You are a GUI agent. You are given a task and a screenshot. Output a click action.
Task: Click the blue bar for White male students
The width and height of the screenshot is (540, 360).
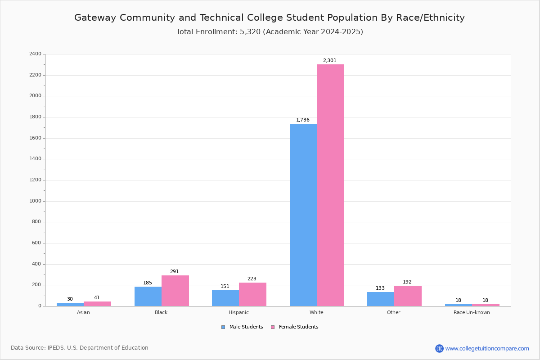tap(303, 215)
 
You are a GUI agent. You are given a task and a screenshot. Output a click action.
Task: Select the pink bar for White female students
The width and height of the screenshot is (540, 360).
tap(330, 185)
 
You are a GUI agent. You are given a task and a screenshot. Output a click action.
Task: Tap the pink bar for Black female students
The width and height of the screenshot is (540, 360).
tap(175, 291)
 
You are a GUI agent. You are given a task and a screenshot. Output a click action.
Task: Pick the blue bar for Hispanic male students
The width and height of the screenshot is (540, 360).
tap(225, 298)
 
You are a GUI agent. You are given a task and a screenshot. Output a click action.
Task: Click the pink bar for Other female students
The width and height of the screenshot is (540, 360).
tap(408, 296)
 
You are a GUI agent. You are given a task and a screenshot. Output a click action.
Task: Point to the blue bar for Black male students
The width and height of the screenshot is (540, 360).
tap(148, 296)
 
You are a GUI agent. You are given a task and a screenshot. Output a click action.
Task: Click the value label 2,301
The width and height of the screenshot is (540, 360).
tap(329, 60)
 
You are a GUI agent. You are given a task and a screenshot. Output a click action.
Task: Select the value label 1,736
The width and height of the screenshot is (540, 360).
tap(302, 120)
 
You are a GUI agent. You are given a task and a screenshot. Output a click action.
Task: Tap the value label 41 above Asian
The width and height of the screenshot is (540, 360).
tap(97, 297)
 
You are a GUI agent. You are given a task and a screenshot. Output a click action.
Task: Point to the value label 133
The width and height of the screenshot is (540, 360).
tap(380, 288)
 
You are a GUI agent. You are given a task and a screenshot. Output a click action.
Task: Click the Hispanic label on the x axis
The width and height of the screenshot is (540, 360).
tap(238, 312)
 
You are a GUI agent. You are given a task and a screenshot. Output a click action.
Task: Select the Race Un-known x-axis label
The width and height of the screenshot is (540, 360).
tap(472, 312)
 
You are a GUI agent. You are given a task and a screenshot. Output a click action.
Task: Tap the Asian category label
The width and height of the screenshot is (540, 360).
tap(83, 312)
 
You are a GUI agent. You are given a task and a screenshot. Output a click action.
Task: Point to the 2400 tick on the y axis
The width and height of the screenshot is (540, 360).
tap(35, 54)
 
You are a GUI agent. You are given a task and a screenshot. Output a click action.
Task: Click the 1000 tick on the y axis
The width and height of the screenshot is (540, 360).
tap(35, 201)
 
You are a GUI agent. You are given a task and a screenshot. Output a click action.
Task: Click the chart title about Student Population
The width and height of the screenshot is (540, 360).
tap(270, 18)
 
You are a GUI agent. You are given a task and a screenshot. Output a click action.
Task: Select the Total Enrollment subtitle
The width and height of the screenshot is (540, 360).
tap(270, 32)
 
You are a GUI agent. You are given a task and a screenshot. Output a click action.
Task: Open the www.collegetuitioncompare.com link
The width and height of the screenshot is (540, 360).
tap(487, 348)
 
